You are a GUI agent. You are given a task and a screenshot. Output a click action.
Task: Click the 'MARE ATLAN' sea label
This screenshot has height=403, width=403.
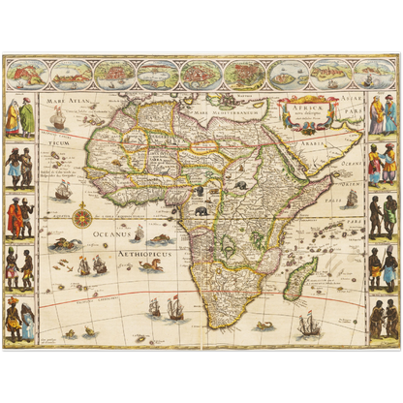click(x=58, y=99)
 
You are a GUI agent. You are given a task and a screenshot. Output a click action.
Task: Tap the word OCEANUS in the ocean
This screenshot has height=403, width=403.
click(x=107, y=233)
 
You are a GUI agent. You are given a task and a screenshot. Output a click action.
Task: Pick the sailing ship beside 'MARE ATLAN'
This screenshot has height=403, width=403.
click(x=58, y=116)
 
